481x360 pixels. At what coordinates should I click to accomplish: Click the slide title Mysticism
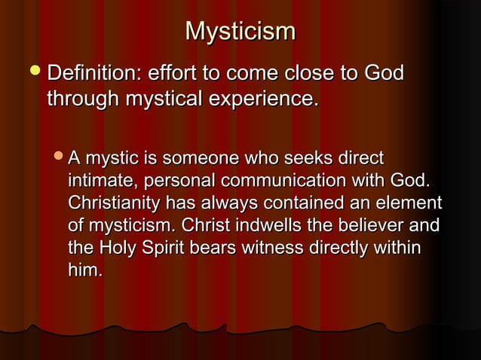coord(240,32)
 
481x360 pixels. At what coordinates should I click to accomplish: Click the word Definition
coord(94,75)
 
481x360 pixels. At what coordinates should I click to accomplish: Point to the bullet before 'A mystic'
coord(59,159)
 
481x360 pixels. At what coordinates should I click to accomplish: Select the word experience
coord(268,99)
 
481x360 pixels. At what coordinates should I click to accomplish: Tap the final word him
coord(85,269)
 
